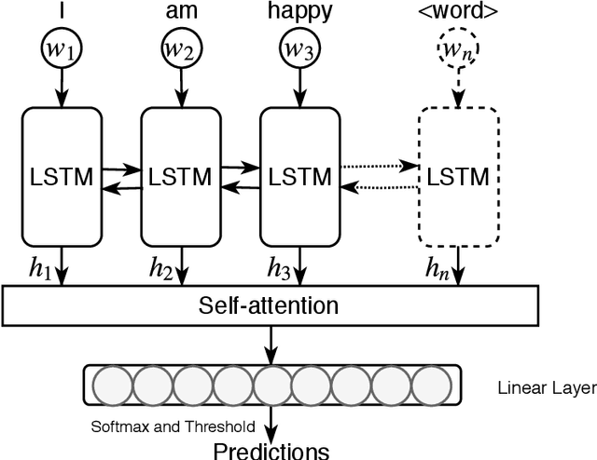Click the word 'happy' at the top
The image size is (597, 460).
coord(299,11)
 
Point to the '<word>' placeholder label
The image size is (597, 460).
coord(456,11)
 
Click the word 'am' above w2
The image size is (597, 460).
coord(181,11)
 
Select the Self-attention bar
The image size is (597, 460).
coord(271,304)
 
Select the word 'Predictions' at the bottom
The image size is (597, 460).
coord(271,451)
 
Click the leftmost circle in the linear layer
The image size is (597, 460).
coord(112,386)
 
